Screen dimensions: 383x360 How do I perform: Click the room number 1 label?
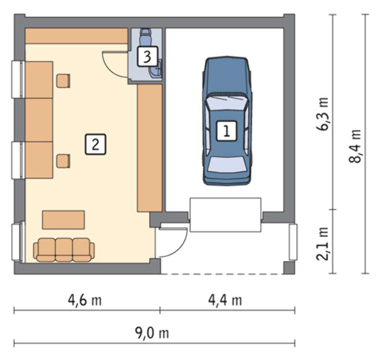click(226, 131)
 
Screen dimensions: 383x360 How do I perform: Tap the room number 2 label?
click(95, 144)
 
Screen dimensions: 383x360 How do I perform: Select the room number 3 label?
click(147, 56)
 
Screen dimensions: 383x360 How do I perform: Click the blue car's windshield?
click(226, 102)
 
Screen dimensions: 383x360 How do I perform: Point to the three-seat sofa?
click(64, 250)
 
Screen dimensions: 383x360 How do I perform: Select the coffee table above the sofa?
click(64, 220)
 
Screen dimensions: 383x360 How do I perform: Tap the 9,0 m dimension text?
click(152, 333)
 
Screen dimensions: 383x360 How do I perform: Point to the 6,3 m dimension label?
click(322, 114)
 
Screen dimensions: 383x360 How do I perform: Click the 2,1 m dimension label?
click(322, 244)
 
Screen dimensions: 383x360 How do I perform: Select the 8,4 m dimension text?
click(355, 146)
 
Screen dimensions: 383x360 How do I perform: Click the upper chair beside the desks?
click(63, 81)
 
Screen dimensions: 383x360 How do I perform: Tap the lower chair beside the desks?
click(63, 161)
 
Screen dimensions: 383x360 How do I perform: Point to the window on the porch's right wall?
click(293, 242)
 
